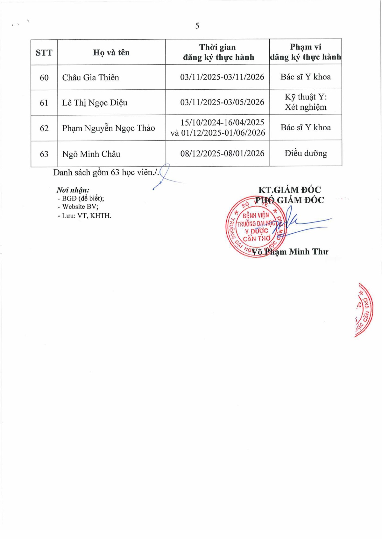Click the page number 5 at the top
pos(197,26)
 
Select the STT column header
pos(44,53)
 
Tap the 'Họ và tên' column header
pos(111,52)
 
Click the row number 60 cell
pos(44,78)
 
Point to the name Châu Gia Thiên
pos(90,78)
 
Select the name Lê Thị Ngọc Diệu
pos(95,103)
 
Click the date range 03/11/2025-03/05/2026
pos(222,102)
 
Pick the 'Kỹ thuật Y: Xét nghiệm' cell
pos(306,102)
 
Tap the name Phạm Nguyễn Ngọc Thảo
pos(108,128)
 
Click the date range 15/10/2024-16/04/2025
pos(222,122)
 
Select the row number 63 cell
pos(44,154)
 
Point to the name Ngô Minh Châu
pos(91,154)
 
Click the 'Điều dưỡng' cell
pos(306,154)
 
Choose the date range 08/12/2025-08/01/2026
pos(222,154)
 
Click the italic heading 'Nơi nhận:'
pos(73,190)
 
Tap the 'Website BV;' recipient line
pos(80,207)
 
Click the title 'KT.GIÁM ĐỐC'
pos(289,190)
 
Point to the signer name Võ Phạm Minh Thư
pos(290,252)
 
